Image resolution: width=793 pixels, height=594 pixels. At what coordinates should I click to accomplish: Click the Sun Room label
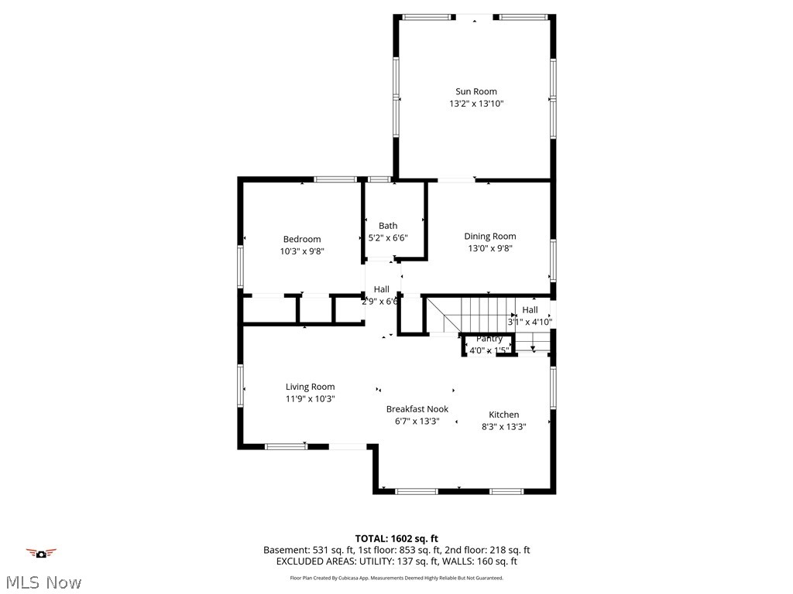click(475, 91)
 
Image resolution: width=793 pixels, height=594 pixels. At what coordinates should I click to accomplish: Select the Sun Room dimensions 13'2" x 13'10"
click(475, 104)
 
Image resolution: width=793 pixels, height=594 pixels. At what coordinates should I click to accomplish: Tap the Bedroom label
click(301, 239)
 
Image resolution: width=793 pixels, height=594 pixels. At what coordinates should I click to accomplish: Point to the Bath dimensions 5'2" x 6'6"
click(388, 238)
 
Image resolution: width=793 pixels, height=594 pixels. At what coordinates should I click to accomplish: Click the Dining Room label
click(489, 236)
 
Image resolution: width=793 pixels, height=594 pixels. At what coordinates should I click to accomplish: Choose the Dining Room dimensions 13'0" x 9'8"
click(489, 248)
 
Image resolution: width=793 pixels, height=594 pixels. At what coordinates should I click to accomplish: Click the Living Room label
click(310, 387)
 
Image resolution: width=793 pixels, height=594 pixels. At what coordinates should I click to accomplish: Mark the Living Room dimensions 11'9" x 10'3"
click(310, 399)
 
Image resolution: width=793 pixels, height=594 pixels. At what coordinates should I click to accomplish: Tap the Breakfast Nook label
click(417, 409)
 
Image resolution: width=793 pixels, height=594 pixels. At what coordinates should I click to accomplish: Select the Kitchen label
click(503, 415)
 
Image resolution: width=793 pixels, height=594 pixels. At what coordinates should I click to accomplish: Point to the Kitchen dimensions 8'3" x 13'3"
click(503, 426)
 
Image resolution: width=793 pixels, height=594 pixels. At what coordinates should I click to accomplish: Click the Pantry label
click(489, 339)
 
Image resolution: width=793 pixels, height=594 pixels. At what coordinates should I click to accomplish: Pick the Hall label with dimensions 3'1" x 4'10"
click(530, 309)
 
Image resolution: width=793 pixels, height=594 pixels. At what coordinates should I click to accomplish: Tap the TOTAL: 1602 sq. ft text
click(396, 538)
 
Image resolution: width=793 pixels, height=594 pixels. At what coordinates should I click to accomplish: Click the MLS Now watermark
click(43, 582)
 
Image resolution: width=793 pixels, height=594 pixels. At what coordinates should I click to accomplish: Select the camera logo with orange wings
click(42, 552)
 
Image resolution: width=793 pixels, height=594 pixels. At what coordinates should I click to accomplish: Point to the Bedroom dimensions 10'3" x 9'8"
click(301, 251)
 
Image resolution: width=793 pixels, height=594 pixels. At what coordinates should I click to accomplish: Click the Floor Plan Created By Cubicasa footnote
click(396, 578)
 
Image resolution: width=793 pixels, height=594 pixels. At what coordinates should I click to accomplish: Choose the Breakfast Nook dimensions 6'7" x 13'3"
click(417, 422)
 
